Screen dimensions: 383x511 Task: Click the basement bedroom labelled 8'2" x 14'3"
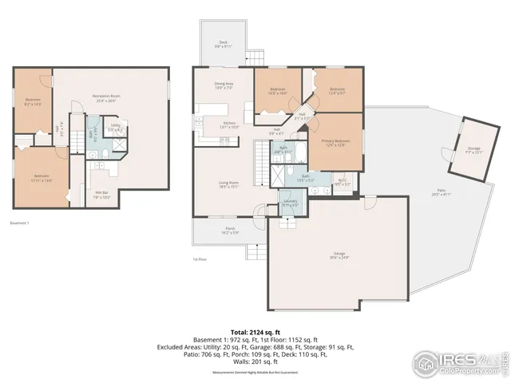coord(33,101)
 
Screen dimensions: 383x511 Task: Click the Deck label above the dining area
coord(223,45)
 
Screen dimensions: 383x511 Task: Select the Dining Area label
coord(224,86)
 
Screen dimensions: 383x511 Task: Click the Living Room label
coord(229,184)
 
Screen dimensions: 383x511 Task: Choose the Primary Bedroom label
coord(333,143)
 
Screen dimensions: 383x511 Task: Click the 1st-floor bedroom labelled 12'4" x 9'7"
coord(337,90)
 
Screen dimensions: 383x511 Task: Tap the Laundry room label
coord(290,203)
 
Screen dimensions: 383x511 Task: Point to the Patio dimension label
coord(441,193)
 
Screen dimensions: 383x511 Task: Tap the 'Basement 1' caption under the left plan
coord(20,223)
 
